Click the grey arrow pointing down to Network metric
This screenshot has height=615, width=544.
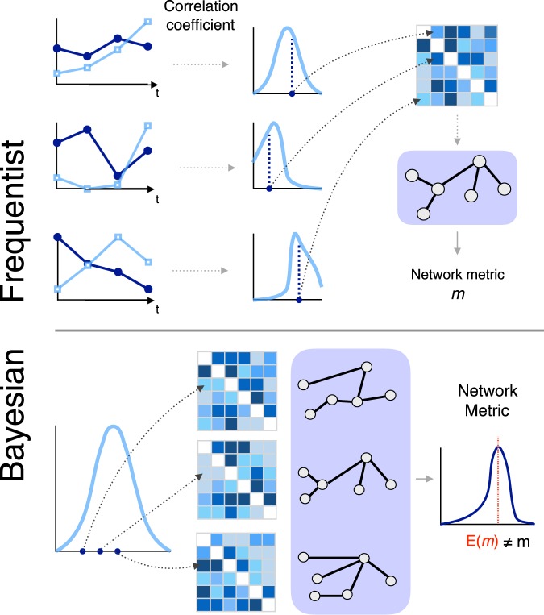click(457, 243)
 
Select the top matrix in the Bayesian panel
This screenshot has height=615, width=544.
click(237, 390)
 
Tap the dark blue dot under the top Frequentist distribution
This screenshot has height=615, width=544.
click(291, 94)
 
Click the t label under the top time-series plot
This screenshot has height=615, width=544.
click(158, 93)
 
